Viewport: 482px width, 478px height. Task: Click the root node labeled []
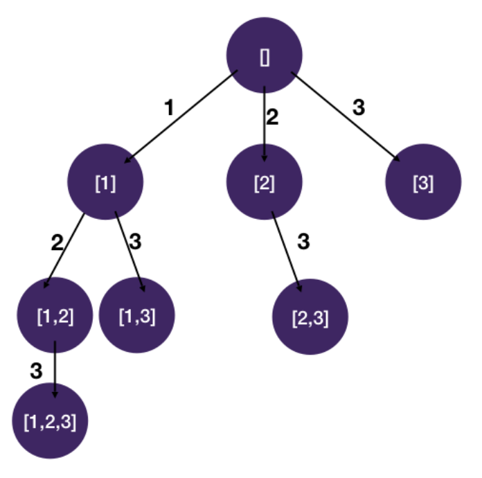(265, 58)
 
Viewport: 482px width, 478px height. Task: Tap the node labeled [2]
(265, 183)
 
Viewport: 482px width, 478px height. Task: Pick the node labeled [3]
(423, 183)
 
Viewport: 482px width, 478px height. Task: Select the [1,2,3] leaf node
(51, 421)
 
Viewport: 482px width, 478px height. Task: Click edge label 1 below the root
(168, 108)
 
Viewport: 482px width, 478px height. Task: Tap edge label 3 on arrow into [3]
(358, 107)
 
